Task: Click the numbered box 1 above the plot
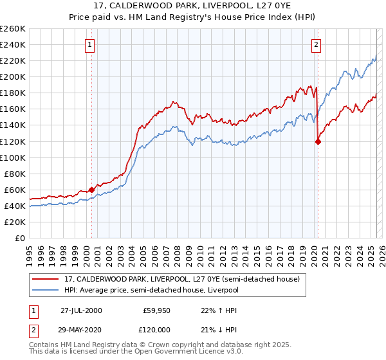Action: [x=89, y=44]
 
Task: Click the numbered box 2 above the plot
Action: [x=317, y=44]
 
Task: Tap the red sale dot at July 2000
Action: [x=92, y=190]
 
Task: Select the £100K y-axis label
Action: [x=13, y=157]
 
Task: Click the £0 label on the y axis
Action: [x=20, y=238]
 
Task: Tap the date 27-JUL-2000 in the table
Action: [x=81, y=310]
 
